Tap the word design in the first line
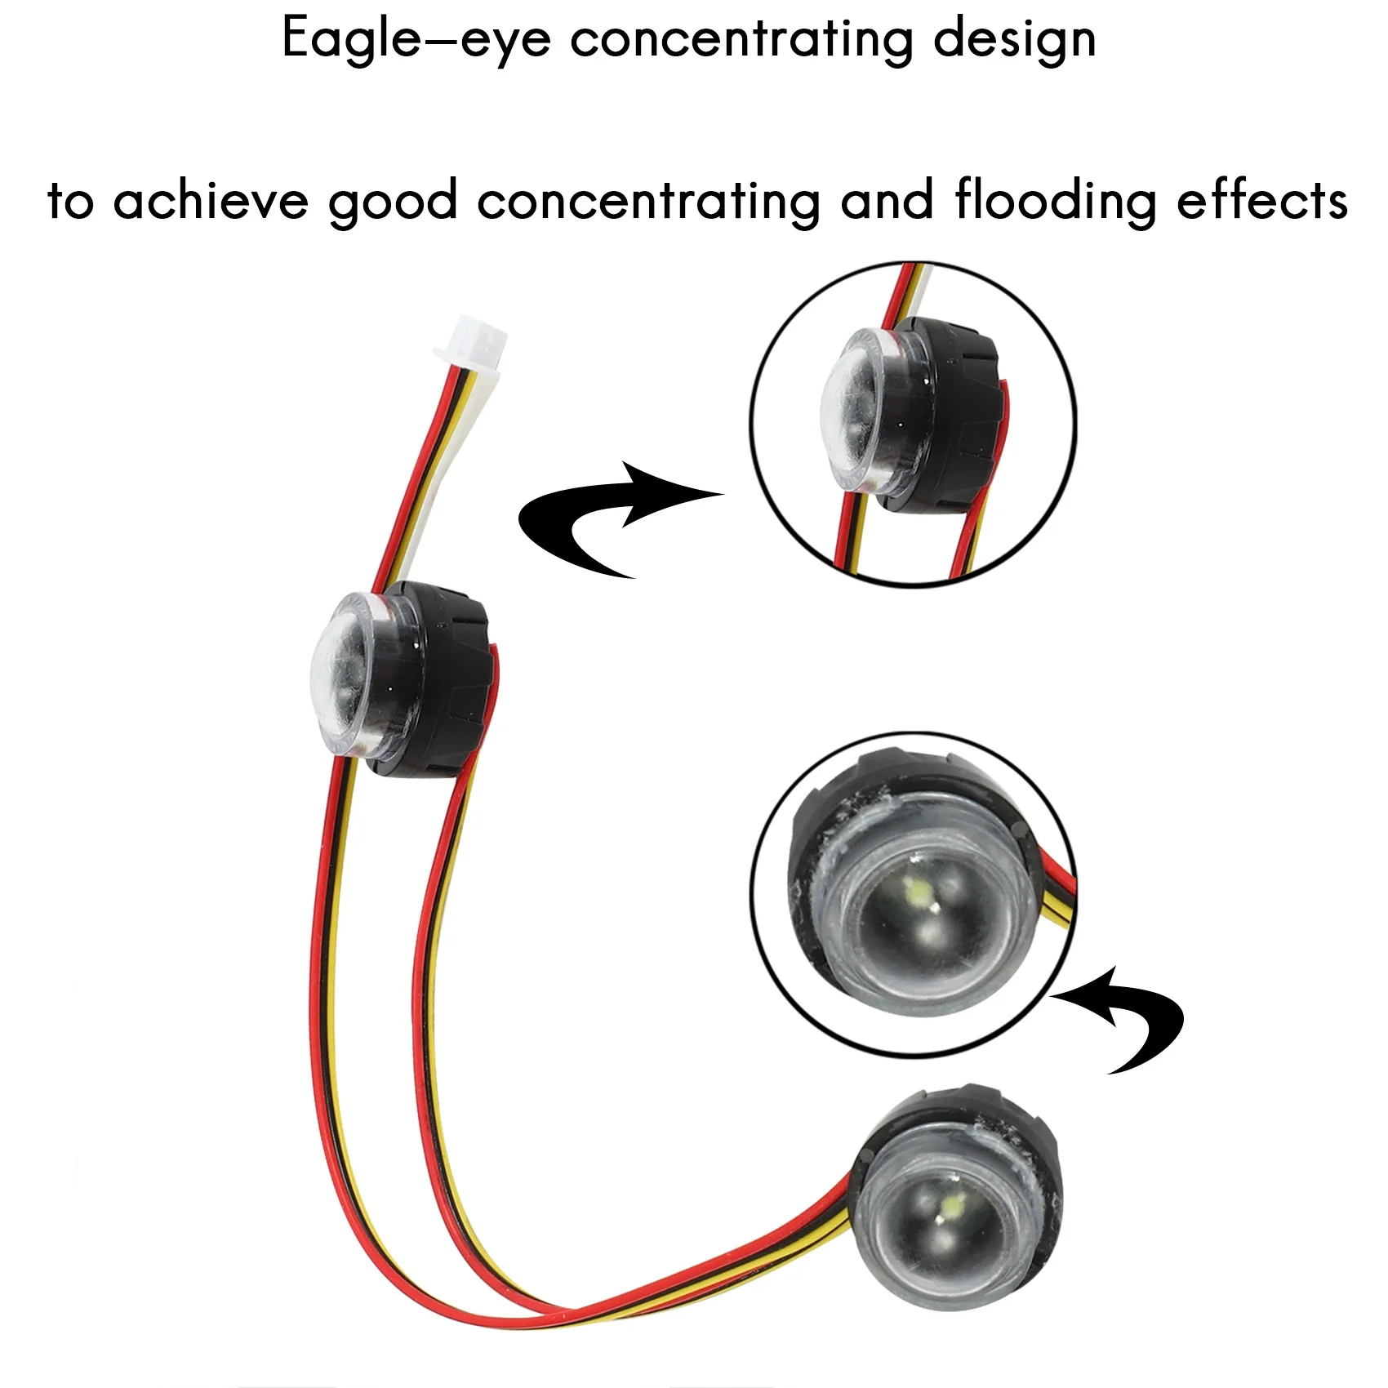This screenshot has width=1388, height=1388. click(1014, 39)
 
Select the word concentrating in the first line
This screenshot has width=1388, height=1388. click(741, 39)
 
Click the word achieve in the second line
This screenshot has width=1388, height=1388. click(210, 201)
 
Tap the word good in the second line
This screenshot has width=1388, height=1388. click(392, 202)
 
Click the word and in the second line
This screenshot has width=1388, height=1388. click(887, 201)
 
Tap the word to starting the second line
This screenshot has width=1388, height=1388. click(70, 201)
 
